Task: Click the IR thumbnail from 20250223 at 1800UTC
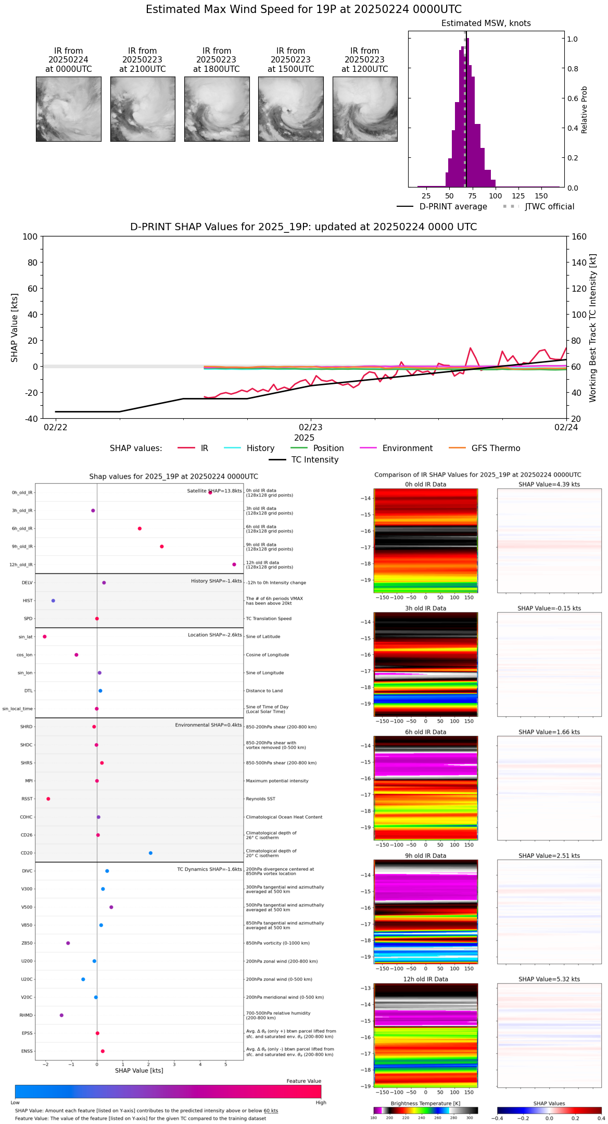click(217, 109)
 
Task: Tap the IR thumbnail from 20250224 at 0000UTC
click(68, 109)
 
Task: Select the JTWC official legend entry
click(549, 207)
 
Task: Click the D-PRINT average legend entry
click(453, 207)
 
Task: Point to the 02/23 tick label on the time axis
click(311, 428)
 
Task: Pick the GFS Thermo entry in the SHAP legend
click(496, 448)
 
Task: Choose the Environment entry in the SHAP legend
click(407, 448)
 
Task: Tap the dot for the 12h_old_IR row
click(234, 565)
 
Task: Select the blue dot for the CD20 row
click(150, 853)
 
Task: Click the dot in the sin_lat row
click(45, 636)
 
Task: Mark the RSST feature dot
click(48, 799)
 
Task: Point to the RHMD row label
click(26, 1015)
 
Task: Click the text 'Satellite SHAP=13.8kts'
click(214, 491)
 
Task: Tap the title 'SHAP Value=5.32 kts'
click(549, 979)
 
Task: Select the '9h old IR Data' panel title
click(425, 856)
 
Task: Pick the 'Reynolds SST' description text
click(260, 799)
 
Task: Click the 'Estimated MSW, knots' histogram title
click(486, 23)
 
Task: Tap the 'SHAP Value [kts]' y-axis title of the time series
click(15, 328)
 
